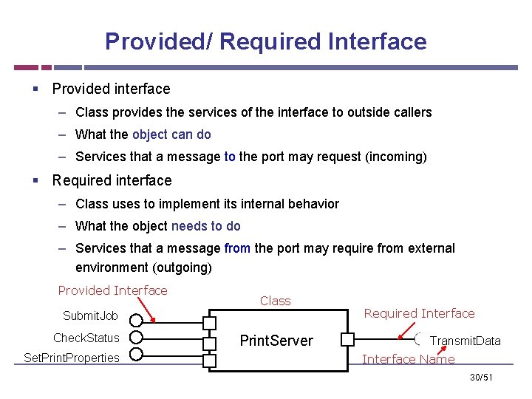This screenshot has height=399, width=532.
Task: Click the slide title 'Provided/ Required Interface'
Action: [265, 41]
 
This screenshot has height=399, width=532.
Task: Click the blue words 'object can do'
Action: [171, 134]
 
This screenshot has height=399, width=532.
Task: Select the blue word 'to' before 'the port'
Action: [230, 157]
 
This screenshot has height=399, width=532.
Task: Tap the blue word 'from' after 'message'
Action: [237, 248]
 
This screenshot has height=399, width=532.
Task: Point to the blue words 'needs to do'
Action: [205, 226]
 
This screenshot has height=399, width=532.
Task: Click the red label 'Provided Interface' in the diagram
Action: [112, 290]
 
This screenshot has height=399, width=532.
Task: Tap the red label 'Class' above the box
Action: [276, 301]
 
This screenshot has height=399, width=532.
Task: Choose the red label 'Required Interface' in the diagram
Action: [419, 313]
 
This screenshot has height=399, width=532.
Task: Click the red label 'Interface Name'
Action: [408, 359]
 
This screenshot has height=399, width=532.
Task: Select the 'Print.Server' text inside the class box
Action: [276, 341]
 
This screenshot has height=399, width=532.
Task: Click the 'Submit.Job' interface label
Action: [90, 316]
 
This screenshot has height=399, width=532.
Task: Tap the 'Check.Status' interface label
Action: [86, 338]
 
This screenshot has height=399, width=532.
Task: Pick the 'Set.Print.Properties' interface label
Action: [71, 358]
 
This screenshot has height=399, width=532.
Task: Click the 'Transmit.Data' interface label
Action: [465, 341]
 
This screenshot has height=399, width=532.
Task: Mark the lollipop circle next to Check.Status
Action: [135, 338]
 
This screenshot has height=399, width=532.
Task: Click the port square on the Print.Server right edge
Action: [347, 340]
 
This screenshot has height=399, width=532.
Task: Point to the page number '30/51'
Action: [481, 378]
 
